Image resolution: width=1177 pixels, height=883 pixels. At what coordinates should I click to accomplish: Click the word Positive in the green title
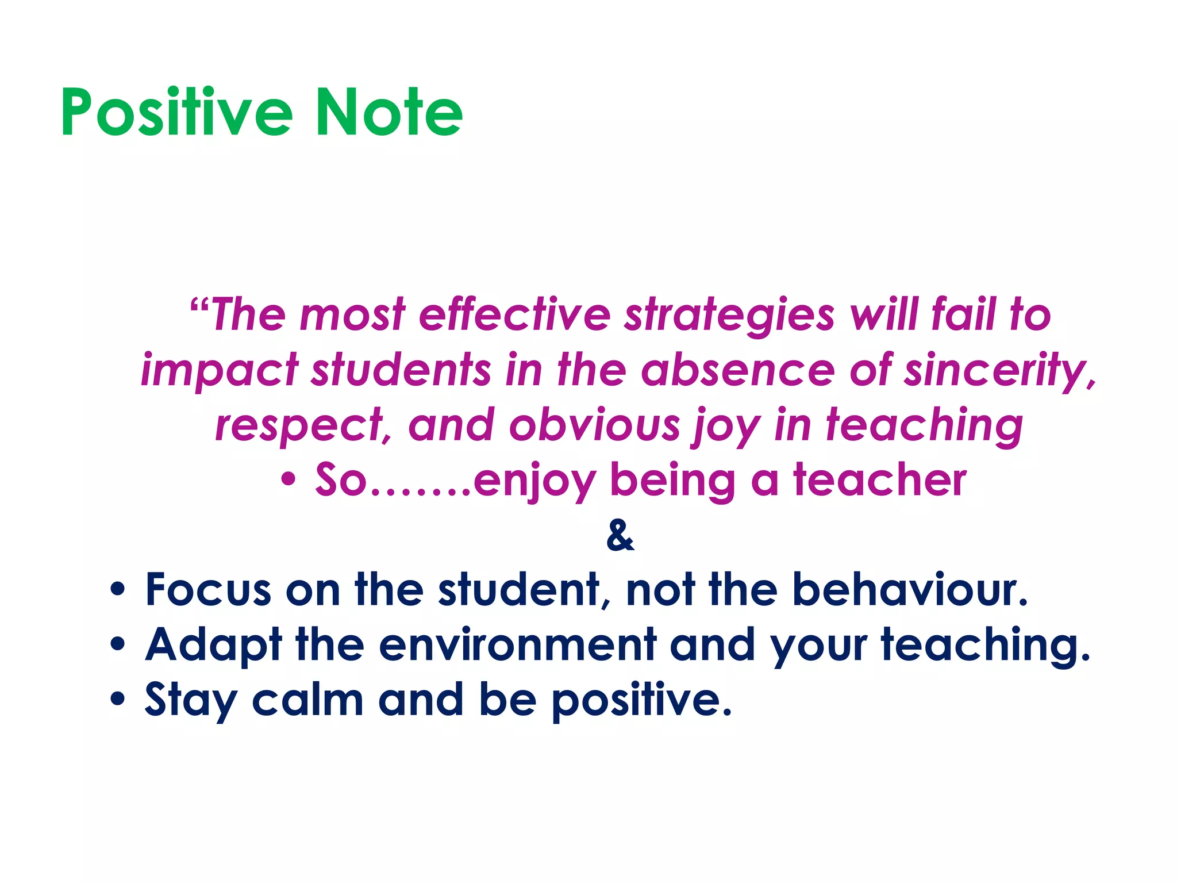click(x=177, y=112)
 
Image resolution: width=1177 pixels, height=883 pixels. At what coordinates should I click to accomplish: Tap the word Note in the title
click(x=389, y=112)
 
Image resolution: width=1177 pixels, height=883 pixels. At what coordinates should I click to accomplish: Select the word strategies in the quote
click(x=729, y=316)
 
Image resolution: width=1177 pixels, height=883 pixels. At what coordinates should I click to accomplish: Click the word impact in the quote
click(x=220, y=371)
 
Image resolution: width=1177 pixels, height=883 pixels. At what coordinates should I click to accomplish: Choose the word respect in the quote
click(x=299, y=425)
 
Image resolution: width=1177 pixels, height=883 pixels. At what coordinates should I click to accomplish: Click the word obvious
click(x=595, y=425)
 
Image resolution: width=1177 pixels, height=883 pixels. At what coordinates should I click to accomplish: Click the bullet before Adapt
click(x=118, y=644)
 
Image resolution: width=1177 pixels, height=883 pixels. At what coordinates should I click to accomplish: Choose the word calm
click(x=307, y=700)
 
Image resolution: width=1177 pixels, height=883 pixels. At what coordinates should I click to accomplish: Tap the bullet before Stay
click(x=118, y=700)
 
